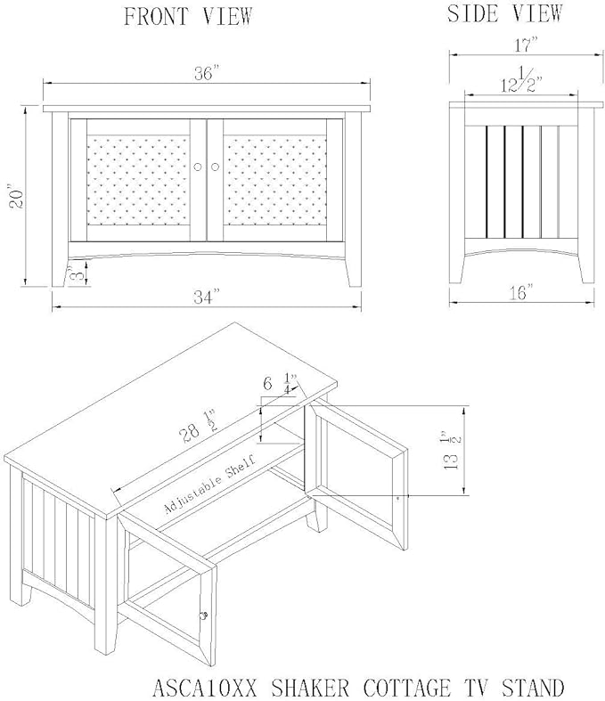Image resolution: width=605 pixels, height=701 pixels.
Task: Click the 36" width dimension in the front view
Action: [x=205, y=73]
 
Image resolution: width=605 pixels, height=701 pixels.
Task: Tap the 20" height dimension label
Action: [x=18, y=199]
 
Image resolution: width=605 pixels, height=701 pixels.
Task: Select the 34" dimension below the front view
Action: [x=207, y=297]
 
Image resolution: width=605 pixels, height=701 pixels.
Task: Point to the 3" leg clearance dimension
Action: [x=78, y=273]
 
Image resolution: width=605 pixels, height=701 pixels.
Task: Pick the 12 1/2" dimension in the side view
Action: [x=521, y=80]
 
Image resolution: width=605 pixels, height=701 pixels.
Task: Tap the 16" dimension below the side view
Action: [x=521, y=292]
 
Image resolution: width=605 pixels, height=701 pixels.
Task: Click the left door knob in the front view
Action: [x=198, y=167]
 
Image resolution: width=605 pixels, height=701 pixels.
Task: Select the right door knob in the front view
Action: [x=215, y=167]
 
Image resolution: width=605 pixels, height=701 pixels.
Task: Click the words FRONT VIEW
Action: [x=188, y=17]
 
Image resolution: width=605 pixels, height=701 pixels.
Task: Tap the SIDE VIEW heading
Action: [x=504, y=13]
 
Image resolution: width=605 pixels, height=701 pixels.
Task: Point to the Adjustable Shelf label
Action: [x=210, y=485]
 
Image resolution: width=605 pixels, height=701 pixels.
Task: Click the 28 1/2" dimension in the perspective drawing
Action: [x=198, y=426]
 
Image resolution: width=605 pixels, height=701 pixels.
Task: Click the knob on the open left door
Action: [x=204, y=615]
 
